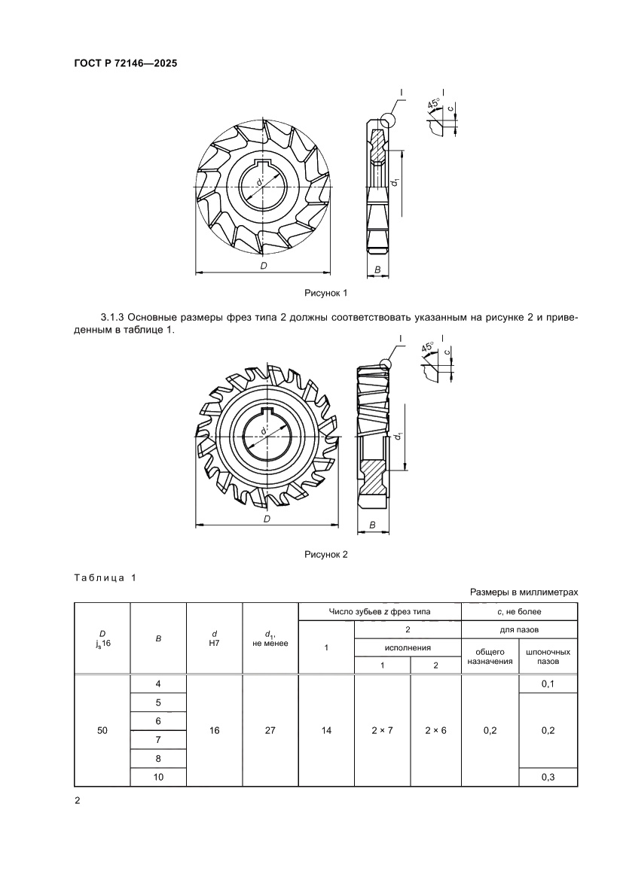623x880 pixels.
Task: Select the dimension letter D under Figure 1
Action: coord(263,266)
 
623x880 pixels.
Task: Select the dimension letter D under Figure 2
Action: coord(267,519)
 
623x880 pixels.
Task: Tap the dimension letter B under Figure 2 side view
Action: coord(372,525)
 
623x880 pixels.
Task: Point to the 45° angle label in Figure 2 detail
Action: coord(428,349)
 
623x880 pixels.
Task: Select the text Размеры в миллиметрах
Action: coord(524,592)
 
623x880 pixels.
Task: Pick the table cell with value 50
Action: coord(102,730)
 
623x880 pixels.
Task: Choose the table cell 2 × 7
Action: coord(382,730)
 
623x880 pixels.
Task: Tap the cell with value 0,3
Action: coord(548,778)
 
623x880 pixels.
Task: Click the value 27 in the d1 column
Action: coord(270,730)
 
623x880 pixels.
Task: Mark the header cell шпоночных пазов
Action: coord(548,656)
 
